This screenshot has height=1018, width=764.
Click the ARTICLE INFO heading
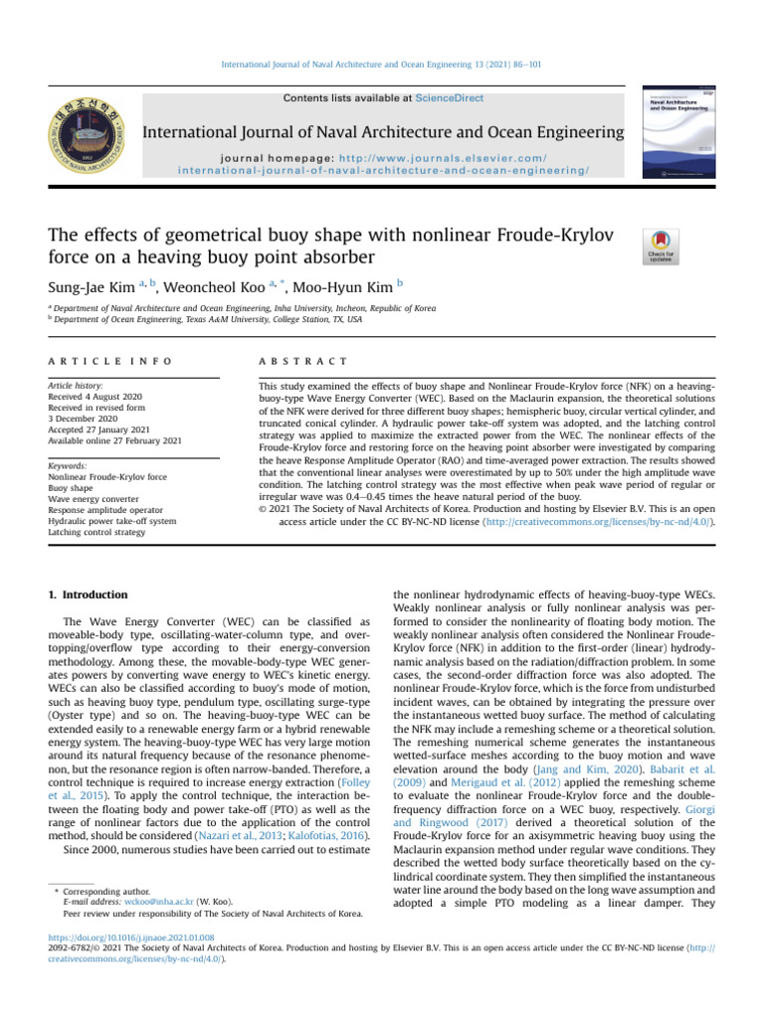click(109, 360)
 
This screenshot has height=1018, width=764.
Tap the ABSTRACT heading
click(302, 360)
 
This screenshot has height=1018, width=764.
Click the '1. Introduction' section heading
click(89, 594)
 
